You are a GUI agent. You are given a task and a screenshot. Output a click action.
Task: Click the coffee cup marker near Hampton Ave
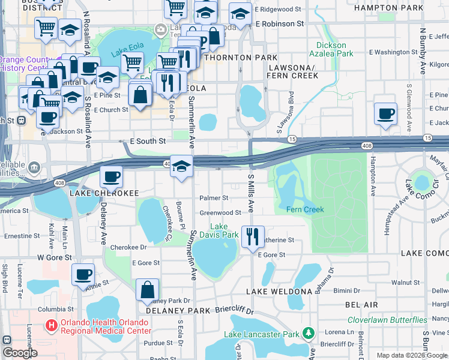click(385, 113)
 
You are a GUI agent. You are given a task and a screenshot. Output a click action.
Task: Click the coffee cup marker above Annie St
click(83, 275)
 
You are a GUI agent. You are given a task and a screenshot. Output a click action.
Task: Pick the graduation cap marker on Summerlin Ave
click(181, 166)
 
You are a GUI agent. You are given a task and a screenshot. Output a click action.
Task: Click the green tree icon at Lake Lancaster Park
click(309, 332)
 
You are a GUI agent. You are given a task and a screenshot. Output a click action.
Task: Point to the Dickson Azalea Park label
click(331, 49)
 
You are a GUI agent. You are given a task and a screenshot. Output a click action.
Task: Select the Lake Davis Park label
click(219, 230)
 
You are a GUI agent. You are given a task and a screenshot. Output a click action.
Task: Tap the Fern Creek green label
click(305, 209)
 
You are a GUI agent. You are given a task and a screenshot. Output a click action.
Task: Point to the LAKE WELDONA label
click(280, 291)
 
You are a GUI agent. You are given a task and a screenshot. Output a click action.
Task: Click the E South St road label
click(148, 142)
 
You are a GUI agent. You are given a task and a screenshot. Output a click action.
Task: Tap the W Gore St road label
click(55, 257)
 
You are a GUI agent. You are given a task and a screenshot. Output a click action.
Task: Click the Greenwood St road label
click(220, 212)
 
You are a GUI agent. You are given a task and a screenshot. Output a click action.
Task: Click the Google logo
click(19, 353)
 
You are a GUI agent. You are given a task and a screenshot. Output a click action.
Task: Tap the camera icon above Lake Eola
click(160, 29)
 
